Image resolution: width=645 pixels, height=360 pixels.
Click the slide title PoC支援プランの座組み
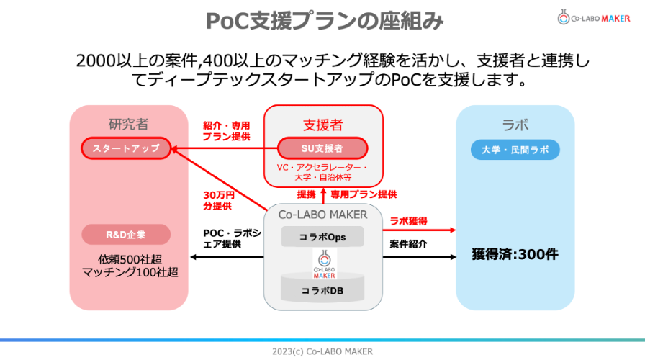[322, 20]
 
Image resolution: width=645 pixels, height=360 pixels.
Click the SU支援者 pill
[322, 148]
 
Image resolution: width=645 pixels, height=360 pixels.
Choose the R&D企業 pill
[126, 234]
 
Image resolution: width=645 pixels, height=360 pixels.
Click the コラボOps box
[322, 236]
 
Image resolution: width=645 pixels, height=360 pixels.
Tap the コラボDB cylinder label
[322, 292]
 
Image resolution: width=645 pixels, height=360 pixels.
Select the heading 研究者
[128, 124]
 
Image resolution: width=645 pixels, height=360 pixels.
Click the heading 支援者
[322, 124]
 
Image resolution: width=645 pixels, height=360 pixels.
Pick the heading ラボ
[515, 124]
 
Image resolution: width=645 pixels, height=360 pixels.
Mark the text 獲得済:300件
[515, 253]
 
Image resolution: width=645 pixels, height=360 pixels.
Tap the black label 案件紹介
[408, 244]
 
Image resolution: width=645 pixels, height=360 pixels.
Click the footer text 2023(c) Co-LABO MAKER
[322, 351]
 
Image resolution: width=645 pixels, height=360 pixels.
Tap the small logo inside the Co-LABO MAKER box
[323, 264]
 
